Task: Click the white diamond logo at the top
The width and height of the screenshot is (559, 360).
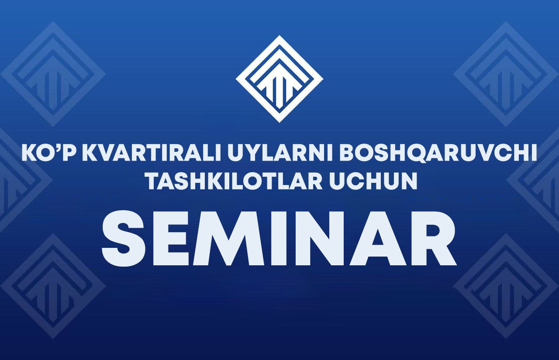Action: (279, 79)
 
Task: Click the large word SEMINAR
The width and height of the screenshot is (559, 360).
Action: (279, 242)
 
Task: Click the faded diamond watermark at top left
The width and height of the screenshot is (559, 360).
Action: (53, 74)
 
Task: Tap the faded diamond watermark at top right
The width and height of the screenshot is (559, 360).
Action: (506, 74)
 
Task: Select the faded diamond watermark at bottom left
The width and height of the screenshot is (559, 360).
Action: (53, 286)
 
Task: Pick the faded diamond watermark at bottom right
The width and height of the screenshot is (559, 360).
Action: (506, 286)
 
